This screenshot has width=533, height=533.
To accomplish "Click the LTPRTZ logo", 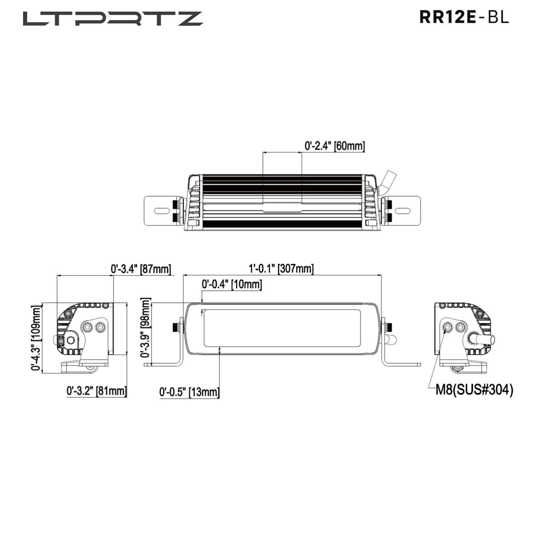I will coord(113,19).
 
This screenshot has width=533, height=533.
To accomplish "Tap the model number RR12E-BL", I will coord(464,17).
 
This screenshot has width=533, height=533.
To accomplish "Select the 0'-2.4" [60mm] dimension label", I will coord(334,146).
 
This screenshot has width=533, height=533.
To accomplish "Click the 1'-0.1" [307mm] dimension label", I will coord(281,269).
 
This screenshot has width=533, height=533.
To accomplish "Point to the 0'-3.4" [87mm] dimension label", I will coord(141,269).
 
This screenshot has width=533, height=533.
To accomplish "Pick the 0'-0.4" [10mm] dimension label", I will coord(232,285).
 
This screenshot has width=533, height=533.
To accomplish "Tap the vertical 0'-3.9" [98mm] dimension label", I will coord(146,328).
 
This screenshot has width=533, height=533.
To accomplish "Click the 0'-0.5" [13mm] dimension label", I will coord(189,392).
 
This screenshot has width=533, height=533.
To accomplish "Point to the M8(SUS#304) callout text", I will coord(474,390).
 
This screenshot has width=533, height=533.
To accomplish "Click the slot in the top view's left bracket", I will coord(162,211).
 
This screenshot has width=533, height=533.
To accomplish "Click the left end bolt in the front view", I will coord(175,327).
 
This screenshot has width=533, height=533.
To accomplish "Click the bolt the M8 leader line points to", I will coord(447,327).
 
